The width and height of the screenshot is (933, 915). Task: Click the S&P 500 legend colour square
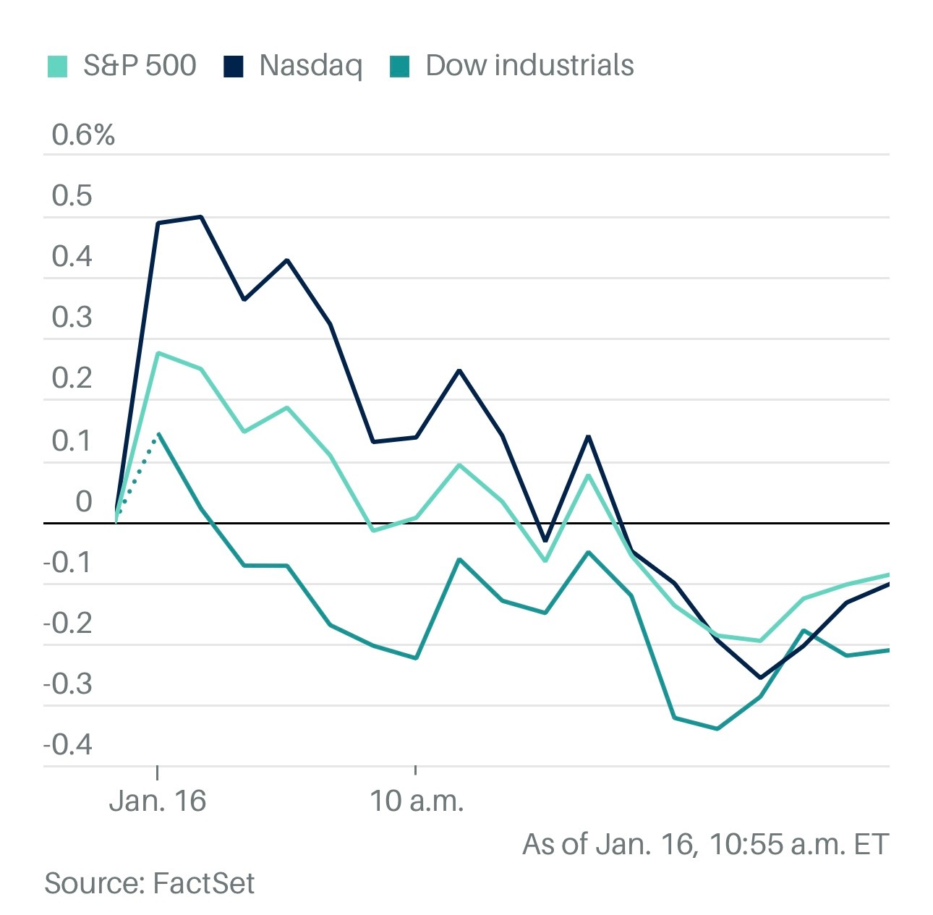point(57,66)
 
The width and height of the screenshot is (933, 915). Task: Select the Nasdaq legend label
point(310,66)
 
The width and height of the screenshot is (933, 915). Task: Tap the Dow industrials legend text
point(529,66)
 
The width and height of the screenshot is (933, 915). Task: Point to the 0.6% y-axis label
point(83,135)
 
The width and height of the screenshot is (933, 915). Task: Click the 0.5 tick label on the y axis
point(72,196)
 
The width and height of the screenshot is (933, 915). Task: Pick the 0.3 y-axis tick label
point(72,318)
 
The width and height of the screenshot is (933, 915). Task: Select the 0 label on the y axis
point(84,501)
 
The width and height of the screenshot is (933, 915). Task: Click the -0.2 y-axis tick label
point(69,623)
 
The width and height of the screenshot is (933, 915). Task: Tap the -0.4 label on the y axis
point(69,744)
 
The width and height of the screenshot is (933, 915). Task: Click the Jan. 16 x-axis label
point(158,801)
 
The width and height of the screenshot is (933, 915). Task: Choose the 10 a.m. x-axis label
point(416,801)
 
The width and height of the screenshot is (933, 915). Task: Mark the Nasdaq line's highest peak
point(200,216)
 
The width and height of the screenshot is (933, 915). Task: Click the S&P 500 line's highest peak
point(158,353)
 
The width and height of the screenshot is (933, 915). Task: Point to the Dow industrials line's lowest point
point(717,728)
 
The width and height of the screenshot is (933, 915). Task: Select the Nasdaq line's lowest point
point(759,678)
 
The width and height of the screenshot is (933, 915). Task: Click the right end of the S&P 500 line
point(887,575)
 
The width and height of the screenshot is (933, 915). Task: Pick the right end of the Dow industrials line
point(887,650)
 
